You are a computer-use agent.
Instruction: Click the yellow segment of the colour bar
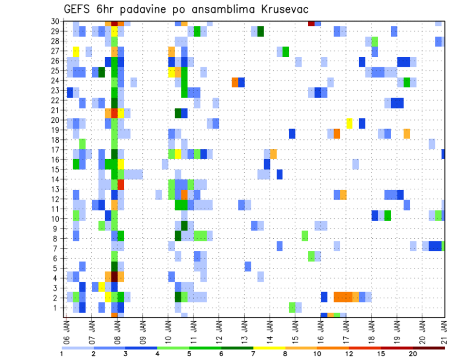click(x=269, y=347)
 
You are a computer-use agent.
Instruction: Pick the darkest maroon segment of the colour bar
click(x=429, y=347)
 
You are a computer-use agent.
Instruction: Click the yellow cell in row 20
click(x=349, y=123)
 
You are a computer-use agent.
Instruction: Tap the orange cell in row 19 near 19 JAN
click(x=407, y=133)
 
